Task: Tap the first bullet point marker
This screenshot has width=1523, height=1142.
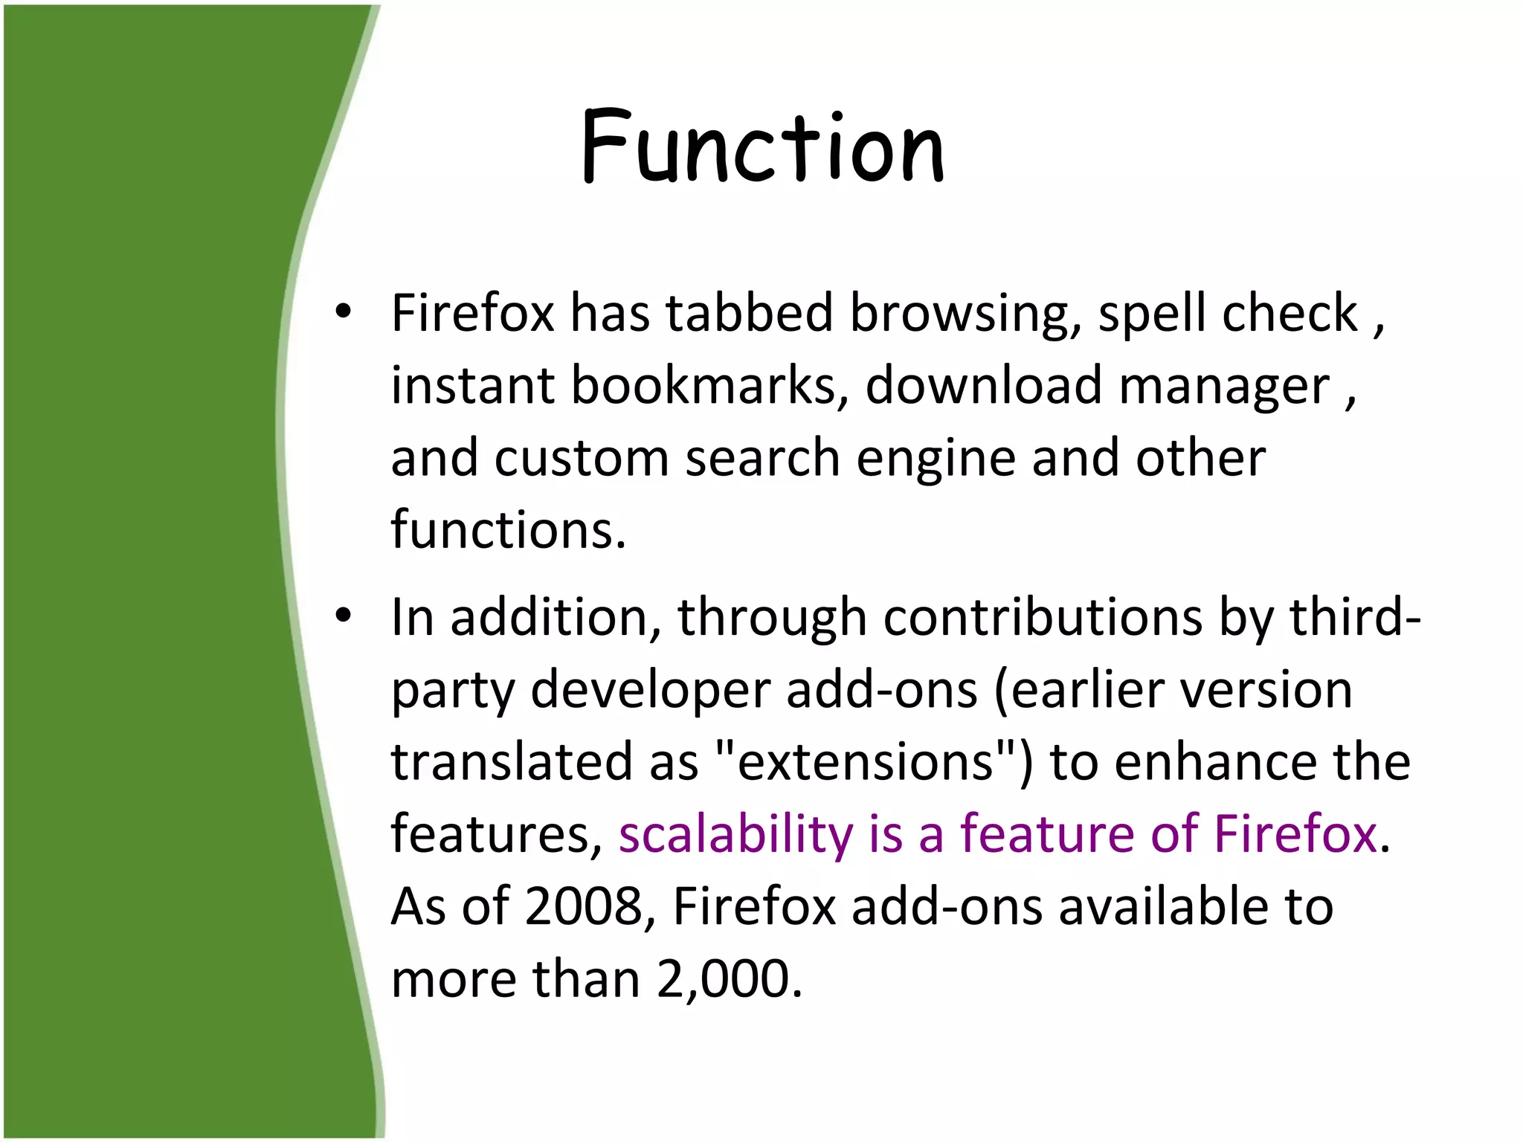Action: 342,312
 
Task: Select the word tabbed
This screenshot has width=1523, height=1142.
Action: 749,312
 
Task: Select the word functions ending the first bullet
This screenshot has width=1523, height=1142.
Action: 508,529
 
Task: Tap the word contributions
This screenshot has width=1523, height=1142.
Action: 1043,617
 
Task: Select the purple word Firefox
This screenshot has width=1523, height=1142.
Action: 1295,833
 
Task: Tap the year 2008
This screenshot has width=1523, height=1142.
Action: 583,906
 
